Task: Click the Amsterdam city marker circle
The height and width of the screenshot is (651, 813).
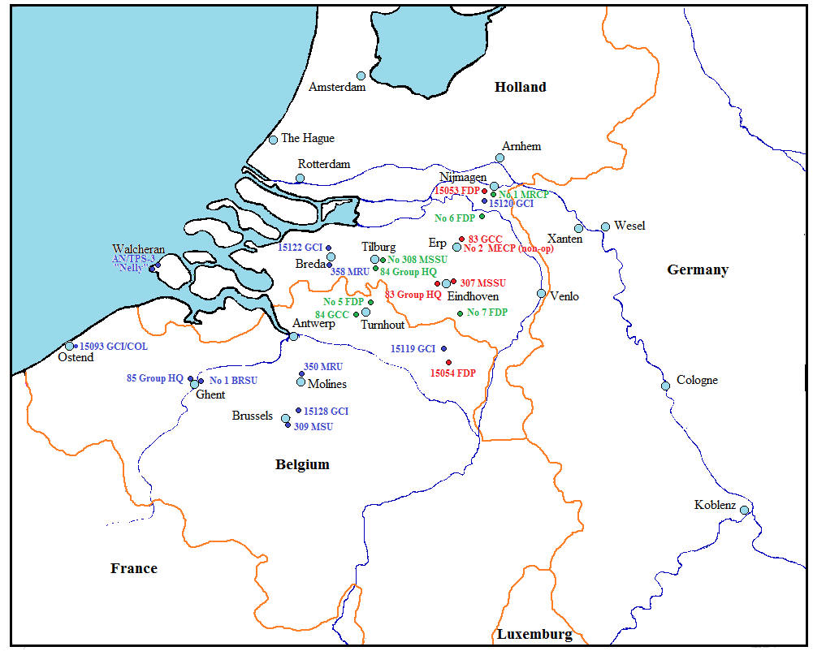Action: (361, 75)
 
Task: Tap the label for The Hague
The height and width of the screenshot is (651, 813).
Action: (308, 139)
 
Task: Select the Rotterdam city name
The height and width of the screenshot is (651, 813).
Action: (324, 164)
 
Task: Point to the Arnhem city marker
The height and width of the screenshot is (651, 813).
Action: (500, 158)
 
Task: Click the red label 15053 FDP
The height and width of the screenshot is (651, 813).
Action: (457, 191)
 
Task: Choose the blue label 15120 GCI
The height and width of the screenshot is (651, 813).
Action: (512, 204)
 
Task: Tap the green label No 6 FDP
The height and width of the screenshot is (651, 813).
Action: (455, 218)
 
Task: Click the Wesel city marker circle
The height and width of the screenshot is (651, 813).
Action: (605, 226)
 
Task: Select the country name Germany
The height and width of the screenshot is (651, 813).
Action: (697, 270)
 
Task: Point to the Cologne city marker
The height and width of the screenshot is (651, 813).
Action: (665, 386)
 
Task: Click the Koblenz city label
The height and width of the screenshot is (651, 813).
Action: (715, 505)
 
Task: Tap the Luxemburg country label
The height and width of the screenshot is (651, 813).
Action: (534, 634)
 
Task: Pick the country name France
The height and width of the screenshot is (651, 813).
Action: (134, 568)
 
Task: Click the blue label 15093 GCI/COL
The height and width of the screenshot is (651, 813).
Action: (114, 347)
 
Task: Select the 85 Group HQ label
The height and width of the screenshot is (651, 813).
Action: (155, 378)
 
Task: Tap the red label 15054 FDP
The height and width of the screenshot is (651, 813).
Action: (453, 373)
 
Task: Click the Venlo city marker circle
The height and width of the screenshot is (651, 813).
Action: (542, 293)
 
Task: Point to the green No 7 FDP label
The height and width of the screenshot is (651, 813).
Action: (487, 313)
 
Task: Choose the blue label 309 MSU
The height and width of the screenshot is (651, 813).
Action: (314, 426)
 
